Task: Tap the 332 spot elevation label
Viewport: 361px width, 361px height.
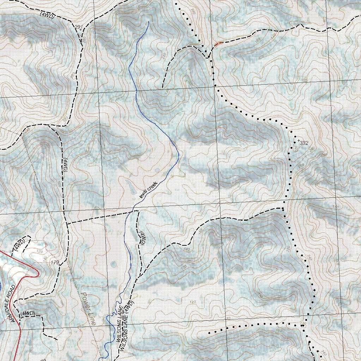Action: point(304,143)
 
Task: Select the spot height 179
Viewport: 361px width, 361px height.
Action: point(54,262)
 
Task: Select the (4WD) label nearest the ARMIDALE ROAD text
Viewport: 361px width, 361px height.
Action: point(27,313)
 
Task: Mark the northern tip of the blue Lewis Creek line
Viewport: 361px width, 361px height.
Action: point(149,22)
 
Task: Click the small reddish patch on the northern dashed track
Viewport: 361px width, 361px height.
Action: point(218,44)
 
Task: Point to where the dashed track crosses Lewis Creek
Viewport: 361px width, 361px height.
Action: point(133,211)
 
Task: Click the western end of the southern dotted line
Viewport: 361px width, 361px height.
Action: point(209,332)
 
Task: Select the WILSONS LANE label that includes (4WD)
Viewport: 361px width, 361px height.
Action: point(126,326)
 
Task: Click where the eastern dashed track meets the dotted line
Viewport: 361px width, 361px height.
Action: point(283,209)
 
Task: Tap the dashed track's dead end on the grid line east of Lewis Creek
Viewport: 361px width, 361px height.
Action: point(163,87)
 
